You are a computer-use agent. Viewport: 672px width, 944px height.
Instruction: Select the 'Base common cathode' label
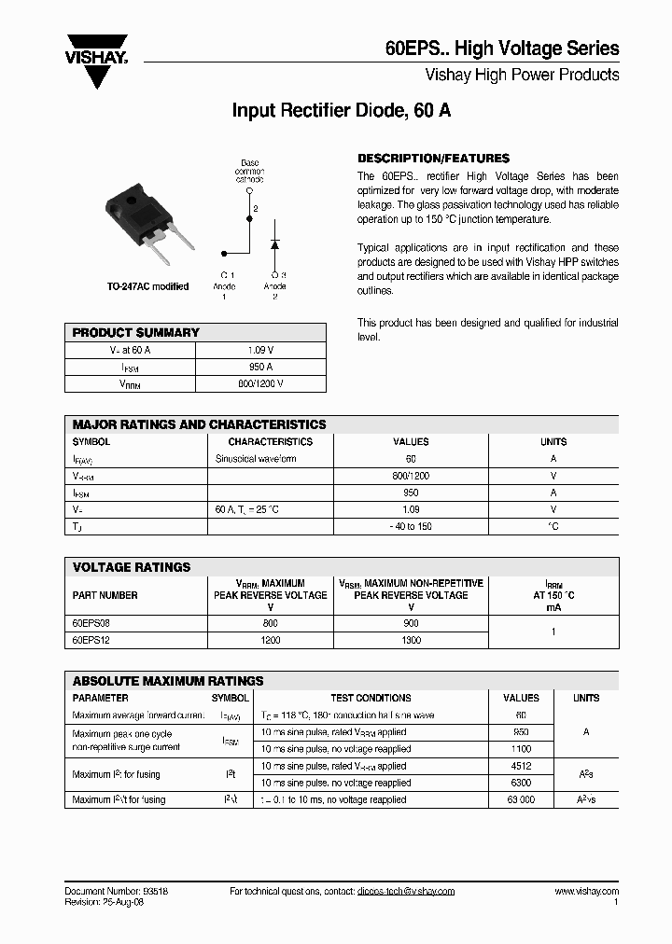point(250,172)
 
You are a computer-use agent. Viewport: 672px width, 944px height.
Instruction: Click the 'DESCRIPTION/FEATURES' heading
point(433,159)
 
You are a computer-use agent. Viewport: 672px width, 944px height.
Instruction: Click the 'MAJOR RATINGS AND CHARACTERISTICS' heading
point(200,424)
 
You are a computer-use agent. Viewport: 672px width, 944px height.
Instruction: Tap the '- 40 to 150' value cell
point(411,526)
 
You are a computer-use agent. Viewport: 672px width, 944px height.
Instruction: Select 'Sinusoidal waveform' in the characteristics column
point(256,459)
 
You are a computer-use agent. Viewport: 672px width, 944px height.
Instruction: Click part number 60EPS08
point(91,623)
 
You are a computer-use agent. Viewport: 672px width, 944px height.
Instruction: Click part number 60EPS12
point(91,640)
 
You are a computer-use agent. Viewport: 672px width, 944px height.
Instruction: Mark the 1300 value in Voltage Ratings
point(411,640)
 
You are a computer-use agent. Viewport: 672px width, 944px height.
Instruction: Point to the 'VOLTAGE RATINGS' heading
point(132,567)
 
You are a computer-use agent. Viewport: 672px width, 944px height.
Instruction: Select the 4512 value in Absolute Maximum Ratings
point(521,766)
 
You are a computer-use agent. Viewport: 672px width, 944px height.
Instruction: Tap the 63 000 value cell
point(521,799)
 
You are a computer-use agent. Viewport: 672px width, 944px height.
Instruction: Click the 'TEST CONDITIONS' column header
point(371,698)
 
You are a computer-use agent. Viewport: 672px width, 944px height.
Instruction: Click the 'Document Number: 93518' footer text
point(117,891)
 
